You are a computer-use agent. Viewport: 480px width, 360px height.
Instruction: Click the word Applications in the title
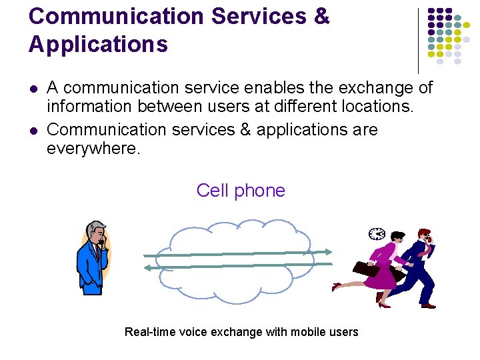pyautogui.click(x=98, y=44)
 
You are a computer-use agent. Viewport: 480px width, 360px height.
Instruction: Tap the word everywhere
pyautogui.click(x=93, y=148)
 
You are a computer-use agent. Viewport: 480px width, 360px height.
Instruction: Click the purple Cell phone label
pyautogui.click(x=241, y=191)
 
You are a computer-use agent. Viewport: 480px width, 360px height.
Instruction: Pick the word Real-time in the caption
pyautogui.click(x=149, y=332)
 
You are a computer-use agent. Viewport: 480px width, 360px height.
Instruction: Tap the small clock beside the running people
pyautogui.click(x=377, y=233)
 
